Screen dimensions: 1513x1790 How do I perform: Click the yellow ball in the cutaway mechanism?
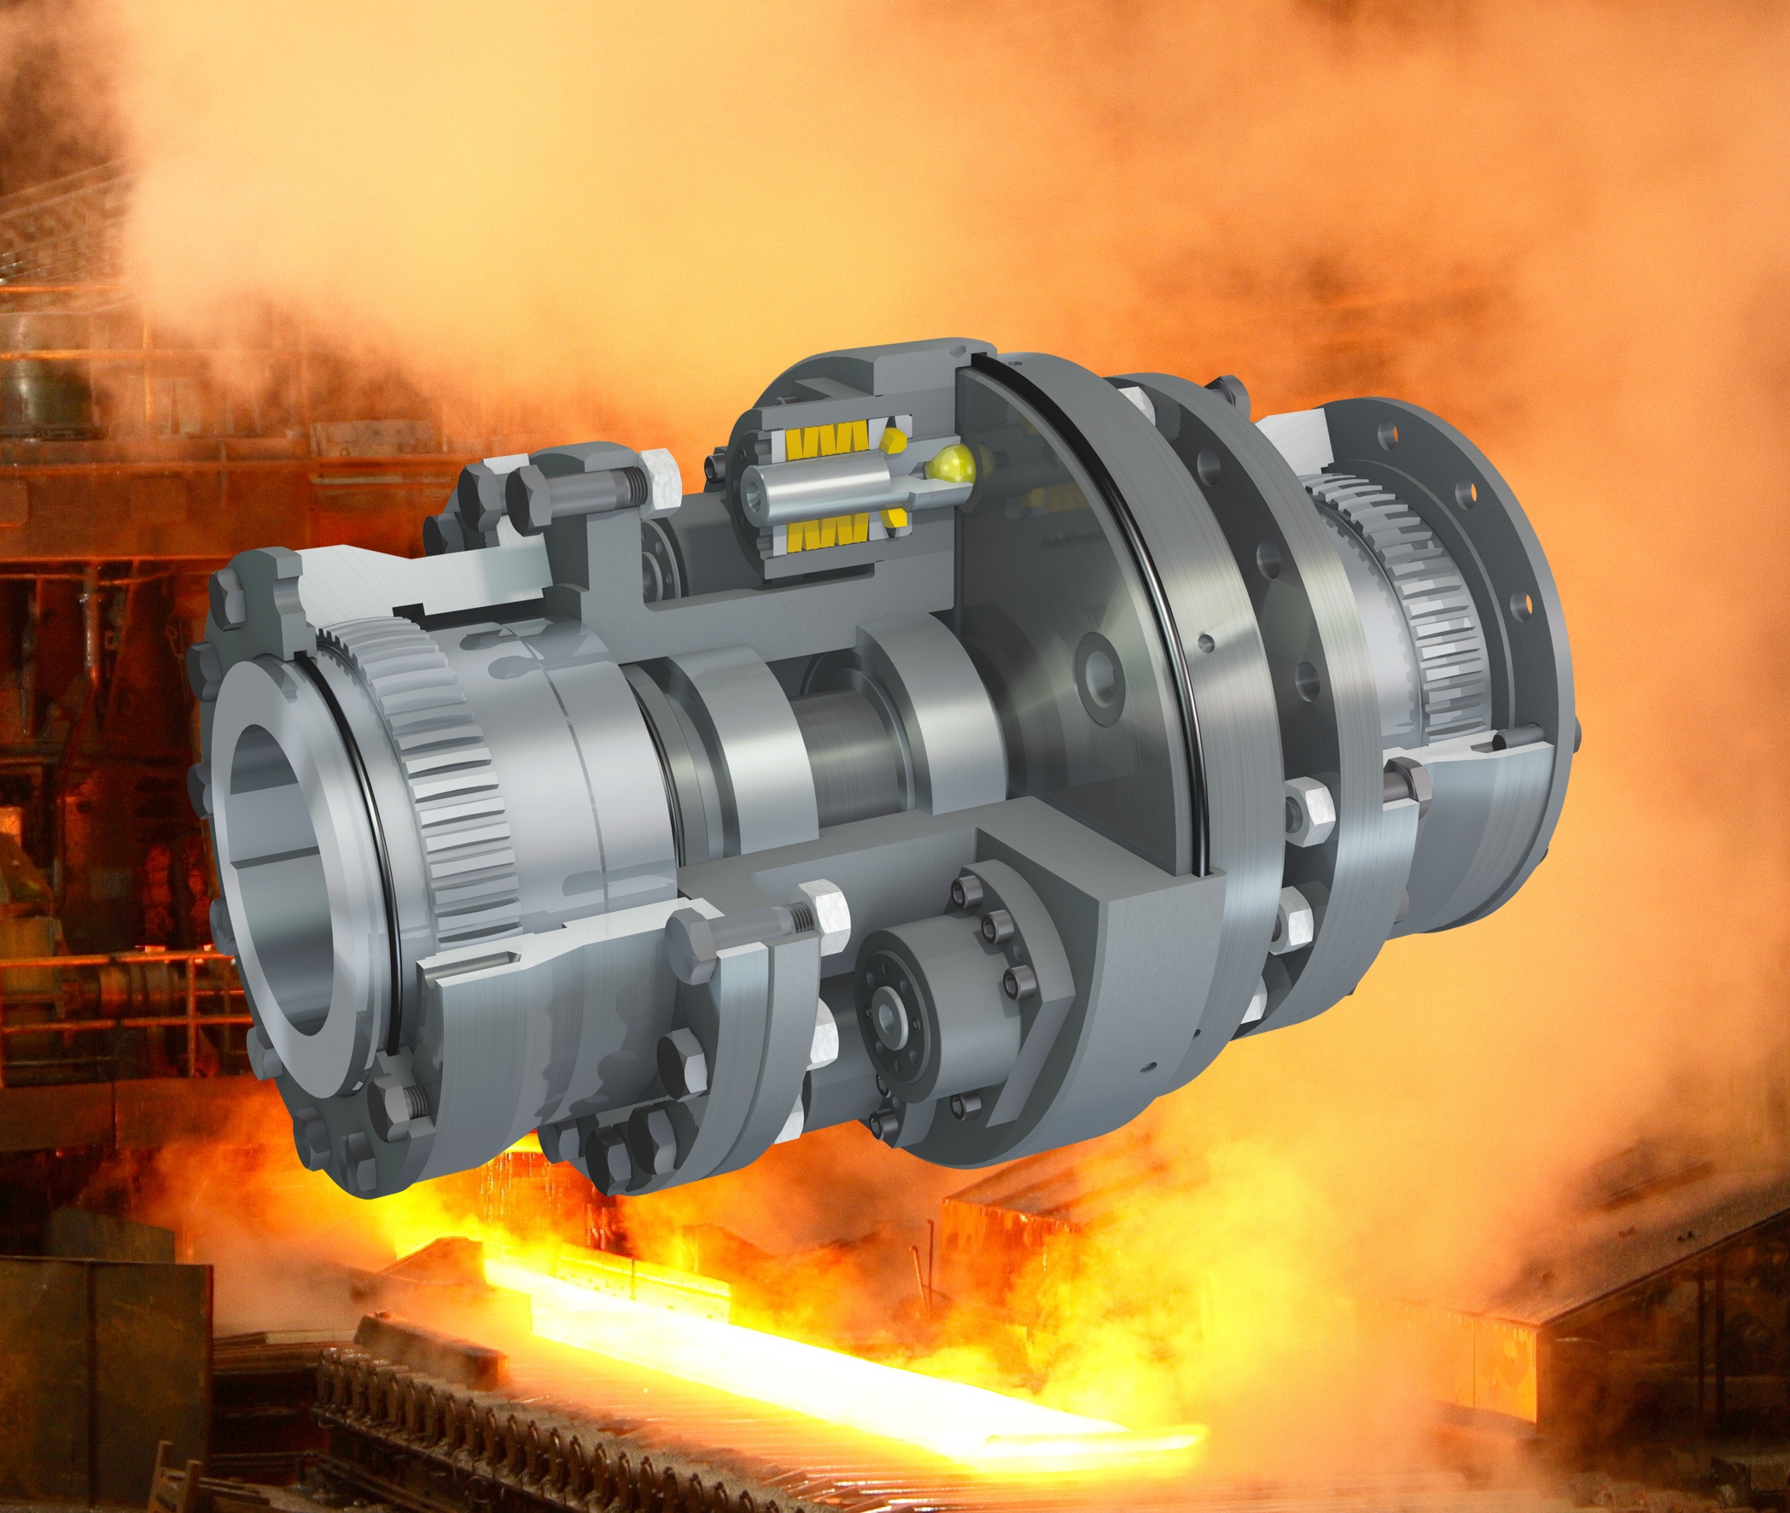coord(949,465)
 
